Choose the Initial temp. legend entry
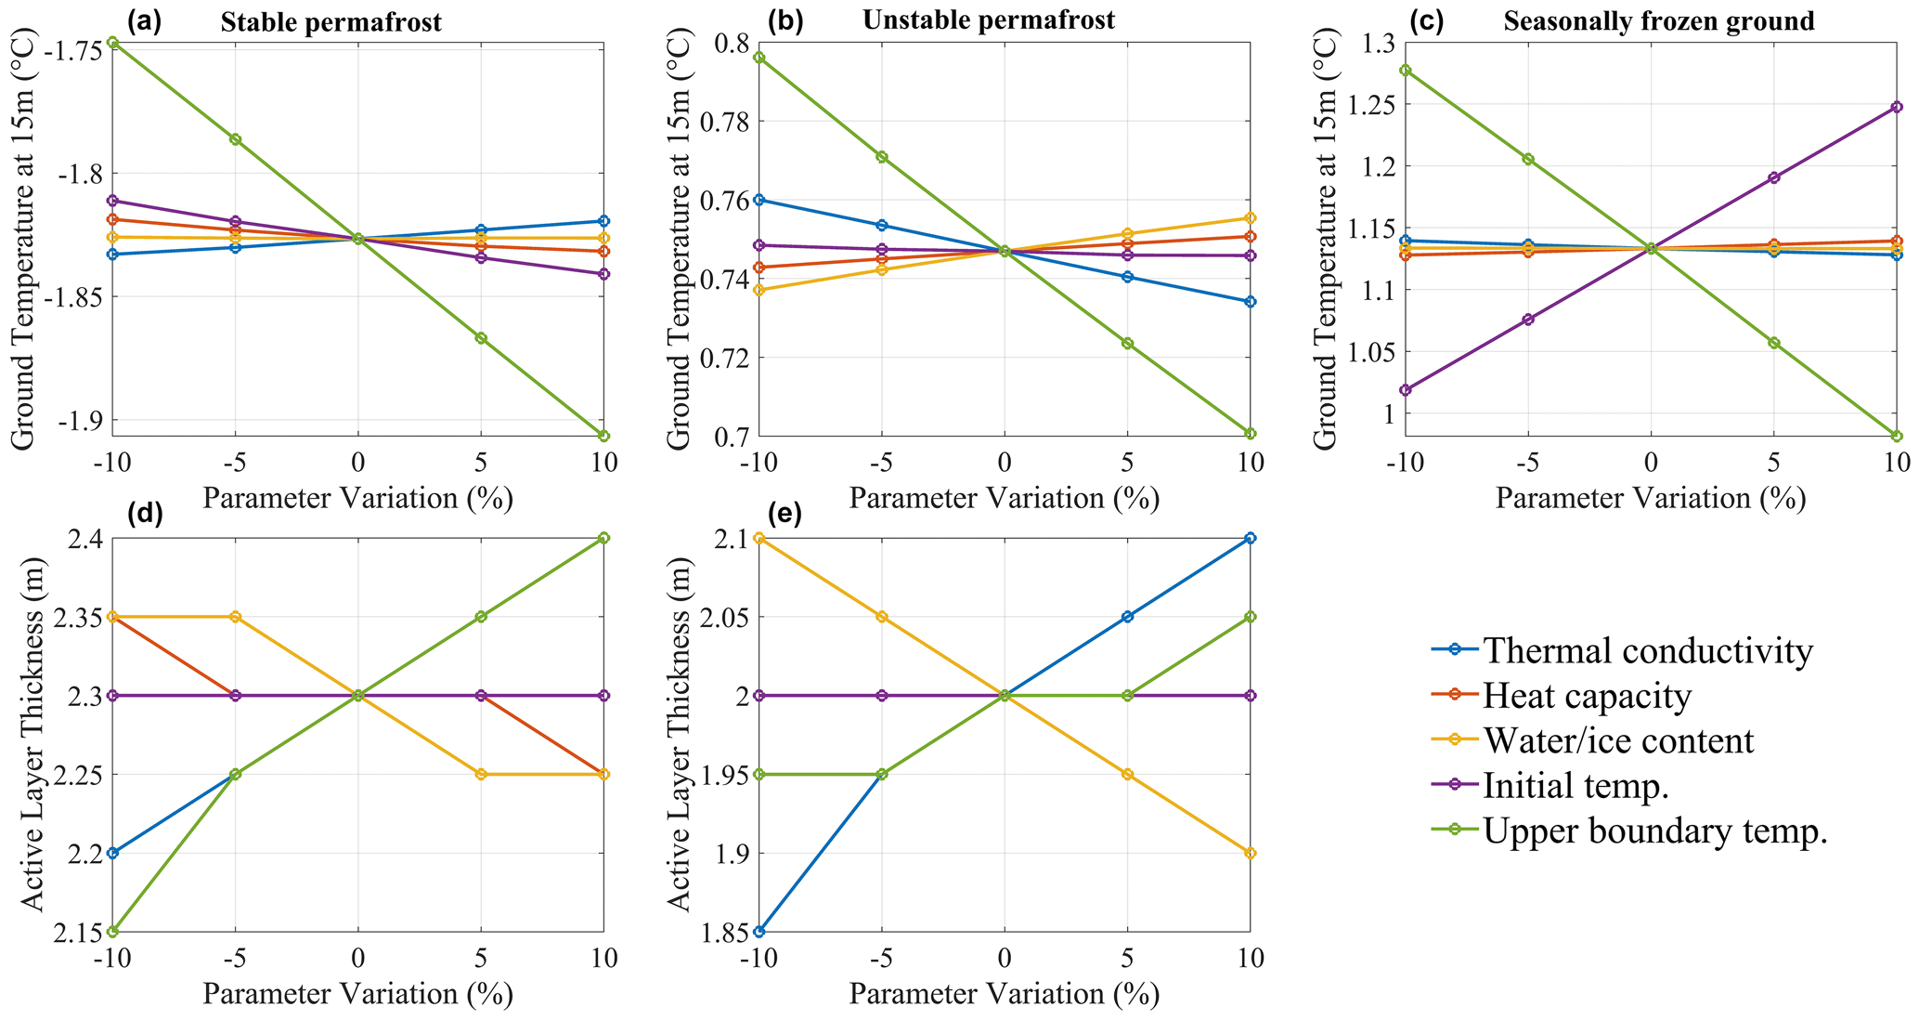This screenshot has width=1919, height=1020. [x=1575, y=786]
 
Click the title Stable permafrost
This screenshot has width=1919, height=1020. [x=331, y=22]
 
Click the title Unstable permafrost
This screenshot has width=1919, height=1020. [x=988, y=20]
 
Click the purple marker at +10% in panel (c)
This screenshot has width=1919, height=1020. [x=1896, y=107]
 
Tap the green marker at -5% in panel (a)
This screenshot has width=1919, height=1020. [x=236, y=139]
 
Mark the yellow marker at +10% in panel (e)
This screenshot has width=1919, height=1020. [x=1250, y=853]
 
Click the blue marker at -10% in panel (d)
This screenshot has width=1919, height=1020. [x=113, y=853]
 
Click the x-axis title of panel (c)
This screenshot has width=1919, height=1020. [x=1650, y=499]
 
